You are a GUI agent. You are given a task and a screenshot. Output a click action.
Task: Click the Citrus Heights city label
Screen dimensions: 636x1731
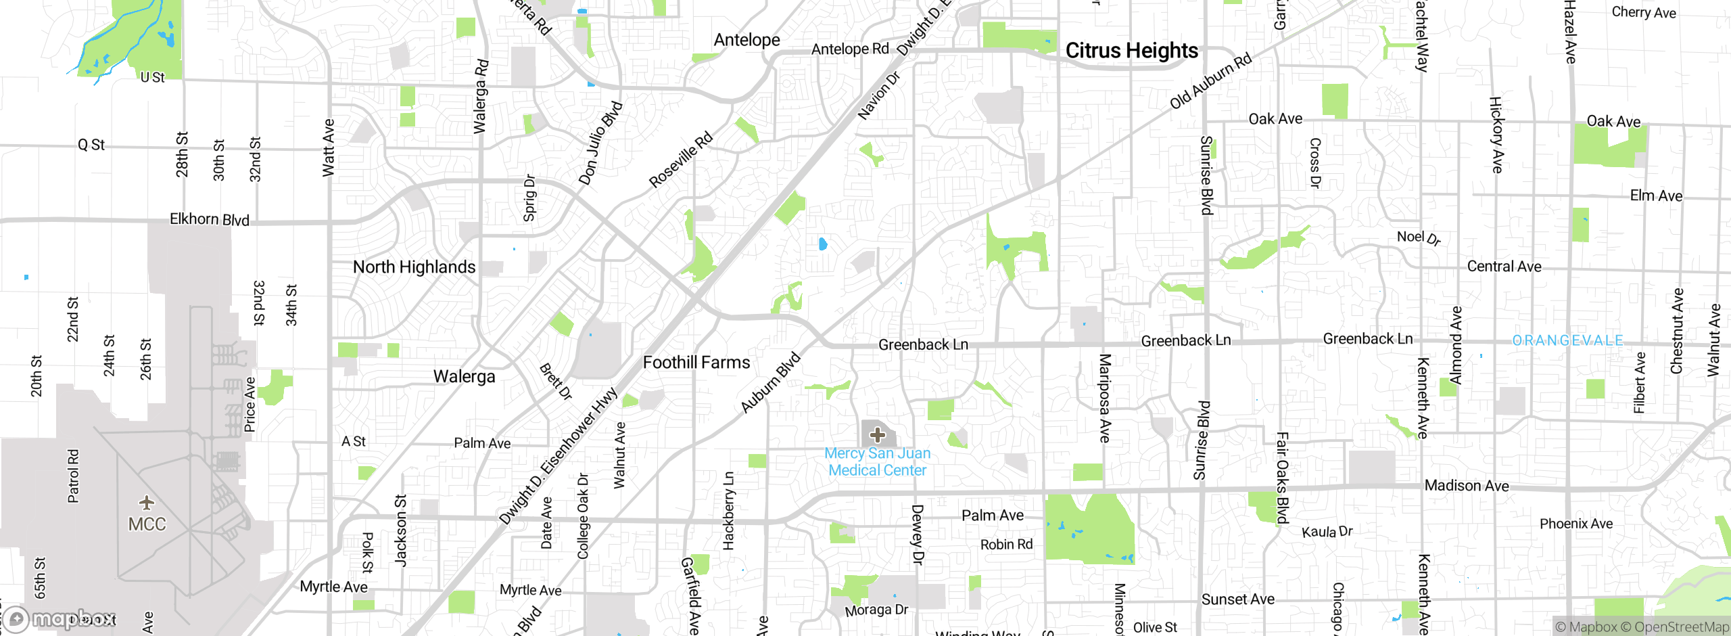pos(1131,51)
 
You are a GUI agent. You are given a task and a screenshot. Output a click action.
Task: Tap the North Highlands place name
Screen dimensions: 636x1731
pos(414,267)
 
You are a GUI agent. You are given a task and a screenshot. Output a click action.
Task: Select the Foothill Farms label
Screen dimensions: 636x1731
pos(696,363)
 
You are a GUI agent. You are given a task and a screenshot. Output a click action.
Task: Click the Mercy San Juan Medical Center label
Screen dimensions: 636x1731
pos(877,462)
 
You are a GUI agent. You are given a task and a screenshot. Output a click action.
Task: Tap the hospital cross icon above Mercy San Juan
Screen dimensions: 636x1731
pos(878,434)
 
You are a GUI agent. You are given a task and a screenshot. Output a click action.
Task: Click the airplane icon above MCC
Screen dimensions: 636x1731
pos(147,503)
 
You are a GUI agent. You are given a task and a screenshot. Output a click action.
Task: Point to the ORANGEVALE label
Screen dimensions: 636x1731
pos(1567,340)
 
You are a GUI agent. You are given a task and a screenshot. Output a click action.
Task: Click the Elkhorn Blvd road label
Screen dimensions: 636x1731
pos(209,219)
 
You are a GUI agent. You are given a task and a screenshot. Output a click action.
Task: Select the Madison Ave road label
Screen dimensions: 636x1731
pos(1467,486)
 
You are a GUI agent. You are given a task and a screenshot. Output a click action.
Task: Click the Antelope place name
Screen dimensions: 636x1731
pos(746,40)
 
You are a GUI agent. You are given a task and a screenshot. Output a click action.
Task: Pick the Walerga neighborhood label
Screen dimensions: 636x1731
pos(464,376)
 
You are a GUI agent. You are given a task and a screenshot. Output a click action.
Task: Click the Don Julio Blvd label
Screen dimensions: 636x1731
pos(600,143)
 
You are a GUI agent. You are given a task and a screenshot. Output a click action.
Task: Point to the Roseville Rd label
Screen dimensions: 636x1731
pos(680,160)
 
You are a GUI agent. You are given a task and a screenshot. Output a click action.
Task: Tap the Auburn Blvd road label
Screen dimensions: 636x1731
pos(770,382)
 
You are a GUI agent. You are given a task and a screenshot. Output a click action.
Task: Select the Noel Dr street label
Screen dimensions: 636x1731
pos(1419,237)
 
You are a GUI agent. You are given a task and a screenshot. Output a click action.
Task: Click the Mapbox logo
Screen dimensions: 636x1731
pos(61,618)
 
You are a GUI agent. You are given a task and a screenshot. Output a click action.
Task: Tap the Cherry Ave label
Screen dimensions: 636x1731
pos(1643,12)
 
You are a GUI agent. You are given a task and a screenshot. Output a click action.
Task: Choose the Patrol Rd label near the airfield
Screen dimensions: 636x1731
pos(73,476)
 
